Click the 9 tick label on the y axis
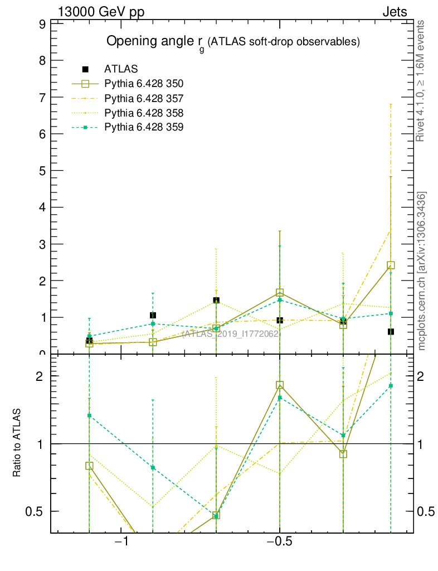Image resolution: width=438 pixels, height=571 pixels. pos(42,24)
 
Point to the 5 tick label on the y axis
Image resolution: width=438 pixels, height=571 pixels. pos(42,171)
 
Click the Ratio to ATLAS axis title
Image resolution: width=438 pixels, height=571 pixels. pos(17,443)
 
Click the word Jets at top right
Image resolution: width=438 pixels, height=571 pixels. pos(394,12)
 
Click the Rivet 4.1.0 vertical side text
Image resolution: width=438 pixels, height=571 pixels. pos(421,80)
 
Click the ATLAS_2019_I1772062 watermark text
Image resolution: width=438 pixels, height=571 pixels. pos(230,334)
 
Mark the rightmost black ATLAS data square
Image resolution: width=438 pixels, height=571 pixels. pos(391,332)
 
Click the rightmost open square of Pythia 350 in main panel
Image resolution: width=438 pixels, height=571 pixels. pos(391,265)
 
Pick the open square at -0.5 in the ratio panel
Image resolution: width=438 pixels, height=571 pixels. pos(280,385)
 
